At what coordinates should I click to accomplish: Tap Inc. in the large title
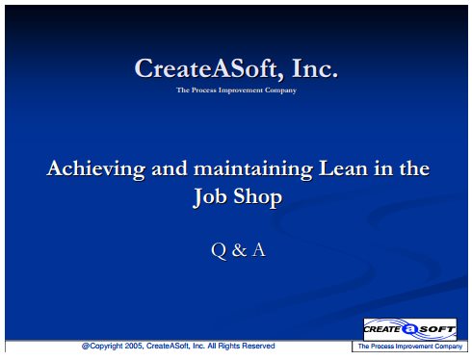[x=315, y=67]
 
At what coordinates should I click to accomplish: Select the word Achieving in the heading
[x=96, y=168]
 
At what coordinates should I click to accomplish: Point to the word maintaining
[x=253, y=168]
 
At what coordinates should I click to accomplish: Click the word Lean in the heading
[x=343, y=168]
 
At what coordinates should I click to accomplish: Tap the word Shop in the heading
[x=257, y=196]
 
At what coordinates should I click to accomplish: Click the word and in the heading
[x=170, y=168]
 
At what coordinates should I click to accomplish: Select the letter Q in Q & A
[x=219, y=250]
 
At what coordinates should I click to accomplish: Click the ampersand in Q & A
[x=239, y=250]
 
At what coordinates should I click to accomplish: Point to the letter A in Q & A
[x=259, y=249]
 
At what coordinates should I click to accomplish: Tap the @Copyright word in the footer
[x=102, y=346]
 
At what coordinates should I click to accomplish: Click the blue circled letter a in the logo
[x=409, y=329]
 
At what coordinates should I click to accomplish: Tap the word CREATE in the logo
[x=382, y=329]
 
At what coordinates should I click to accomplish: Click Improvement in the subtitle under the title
[x=241, y=90]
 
